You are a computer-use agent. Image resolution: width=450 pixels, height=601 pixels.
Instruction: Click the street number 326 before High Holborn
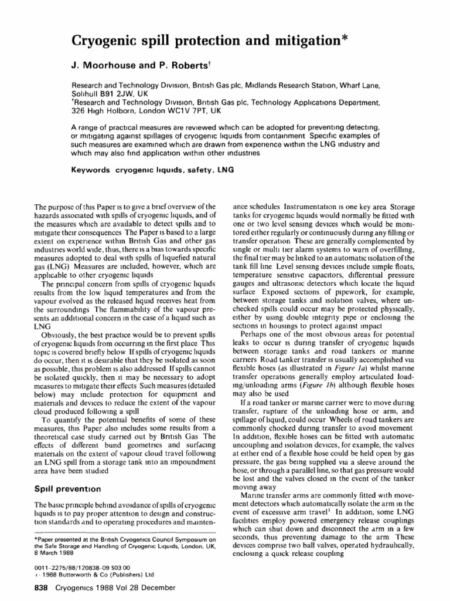click(x=79, y=110)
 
